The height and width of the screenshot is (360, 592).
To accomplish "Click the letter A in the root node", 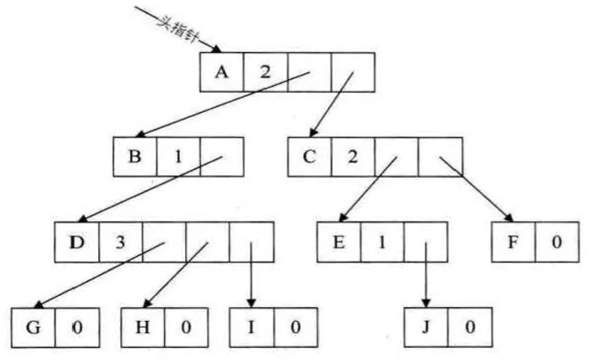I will tap(221, 72).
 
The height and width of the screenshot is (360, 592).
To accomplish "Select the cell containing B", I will tap(136, 157).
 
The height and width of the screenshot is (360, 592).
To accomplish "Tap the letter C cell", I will tap(309, 157).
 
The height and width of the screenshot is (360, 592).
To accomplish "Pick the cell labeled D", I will tap(77, 241).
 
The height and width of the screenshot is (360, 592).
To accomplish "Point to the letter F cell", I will tap(513, 241).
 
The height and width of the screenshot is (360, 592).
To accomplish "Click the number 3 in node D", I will tap(121, 241).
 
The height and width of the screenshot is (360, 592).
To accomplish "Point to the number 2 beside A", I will tap(264, 72).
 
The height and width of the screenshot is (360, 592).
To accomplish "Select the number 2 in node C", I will tap(352, 157).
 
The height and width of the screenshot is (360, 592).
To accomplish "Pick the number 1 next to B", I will tap(179, 157).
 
